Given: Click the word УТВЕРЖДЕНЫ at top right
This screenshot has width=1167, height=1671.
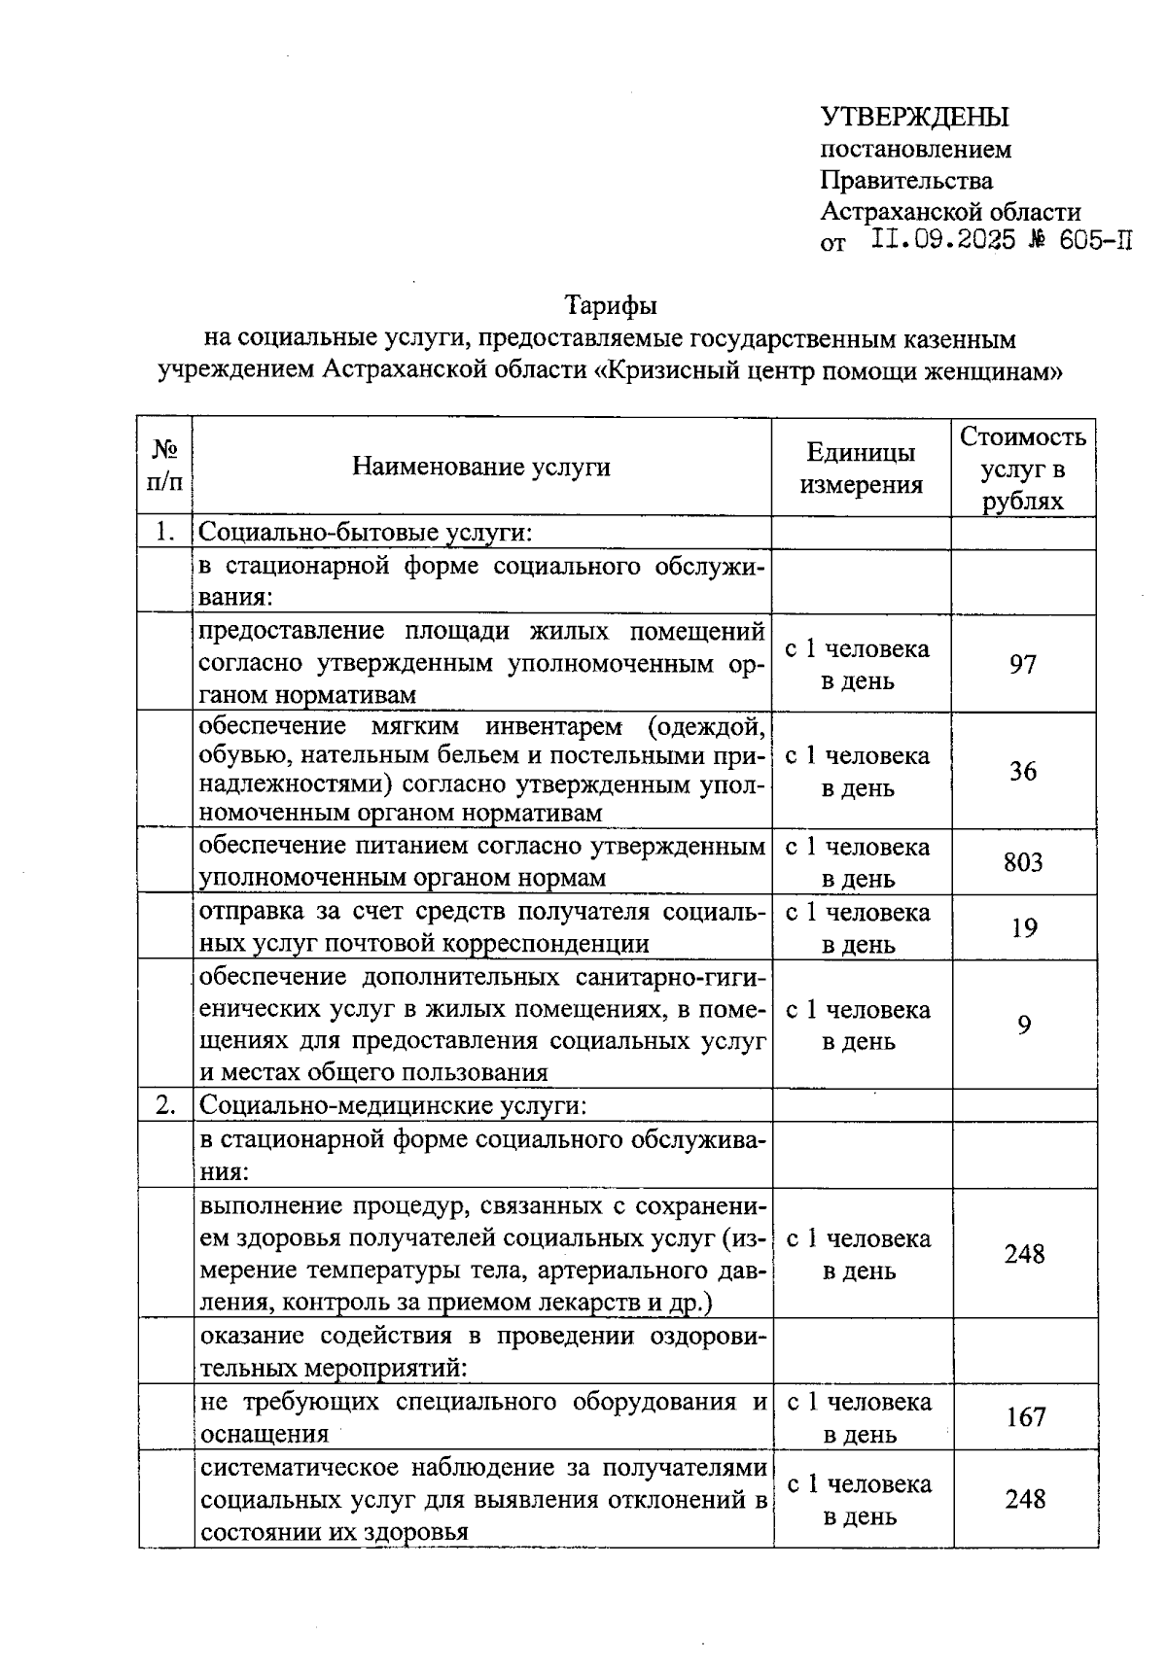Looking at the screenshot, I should [914, 118].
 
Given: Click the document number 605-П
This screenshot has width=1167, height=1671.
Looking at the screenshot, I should [1096, 240].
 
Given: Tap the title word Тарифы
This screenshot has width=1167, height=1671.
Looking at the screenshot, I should [612, 305].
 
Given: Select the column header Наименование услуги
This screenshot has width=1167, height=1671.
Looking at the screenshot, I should [481, 468].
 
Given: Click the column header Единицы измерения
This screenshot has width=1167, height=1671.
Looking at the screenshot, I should [861, 468].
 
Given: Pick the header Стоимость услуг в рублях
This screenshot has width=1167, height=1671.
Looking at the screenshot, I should [1023, 468].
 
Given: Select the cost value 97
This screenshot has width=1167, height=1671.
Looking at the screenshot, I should [1023, 665].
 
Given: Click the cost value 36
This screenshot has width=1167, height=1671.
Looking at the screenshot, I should [1023, 772].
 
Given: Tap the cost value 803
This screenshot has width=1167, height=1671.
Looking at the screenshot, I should [1023, 862].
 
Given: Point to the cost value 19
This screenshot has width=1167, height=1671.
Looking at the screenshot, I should [1024, 928].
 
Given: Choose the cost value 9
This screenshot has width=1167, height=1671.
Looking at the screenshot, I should [1024, 1026].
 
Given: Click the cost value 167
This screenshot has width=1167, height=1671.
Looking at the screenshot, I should [1025, 1417].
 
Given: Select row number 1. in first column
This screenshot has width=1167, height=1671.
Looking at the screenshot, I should [164, 533].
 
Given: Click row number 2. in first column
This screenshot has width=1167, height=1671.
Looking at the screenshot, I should [165, 1105].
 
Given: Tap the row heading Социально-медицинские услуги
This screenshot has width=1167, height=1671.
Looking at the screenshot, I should [393, 1106].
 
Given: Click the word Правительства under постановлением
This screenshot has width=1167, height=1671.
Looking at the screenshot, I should [906, 181].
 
